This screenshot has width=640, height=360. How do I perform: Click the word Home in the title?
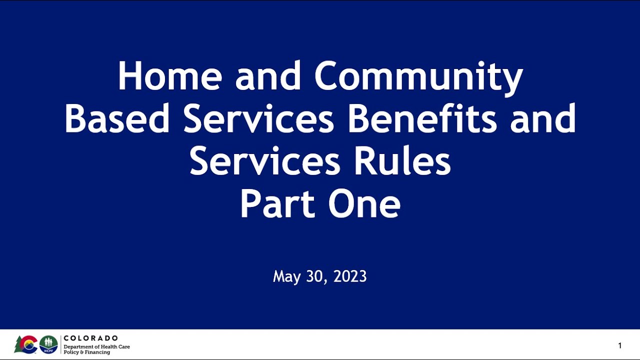tap(169, 76)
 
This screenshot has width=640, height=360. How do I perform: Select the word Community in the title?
tap(418, 76)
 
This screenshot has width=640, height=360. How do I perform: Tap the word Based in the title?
tap(117, 119)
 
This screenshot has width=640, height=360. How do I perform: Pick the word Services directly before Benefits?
tap(258, 119)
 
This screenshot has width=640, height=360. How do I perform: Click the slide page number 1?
tap(620, 345)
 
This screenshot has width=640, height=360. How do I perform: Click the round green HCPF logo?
tap(48, 344)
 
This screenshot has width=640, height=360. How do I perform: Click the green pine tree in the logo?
tap(18, 344)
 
